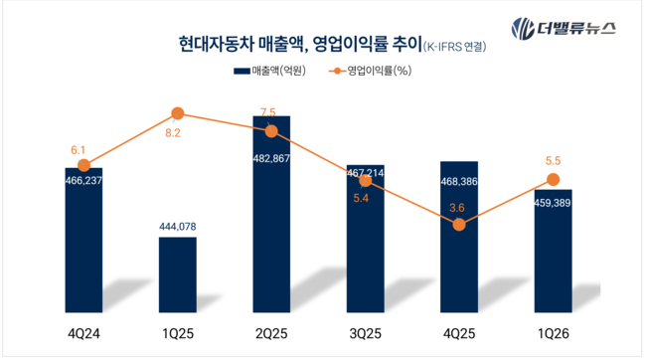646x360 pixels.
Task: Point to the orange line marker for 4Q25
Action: point(459,225)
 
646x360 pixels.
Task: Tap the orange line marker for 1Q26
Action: point(553,179)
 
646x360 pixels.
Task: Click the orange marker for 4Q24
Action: point(83,165)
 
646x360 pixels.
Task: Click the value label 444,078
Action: point(178,227)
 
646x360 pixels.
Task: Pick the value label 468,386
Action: point(459,182)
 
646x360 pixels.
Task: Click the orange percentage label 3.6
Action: point(459,206)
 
